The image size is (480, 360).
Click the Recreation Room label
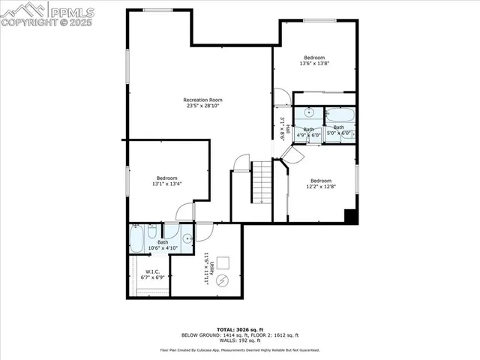tap(204, 100)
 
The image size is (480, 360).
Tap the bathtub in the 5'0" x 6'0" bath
tap(340, 116)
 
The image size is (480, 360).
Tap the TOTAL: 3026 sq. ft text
tap(239, 329)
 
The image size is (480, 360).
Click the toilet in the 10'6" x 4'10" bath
tap(154, 232)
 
